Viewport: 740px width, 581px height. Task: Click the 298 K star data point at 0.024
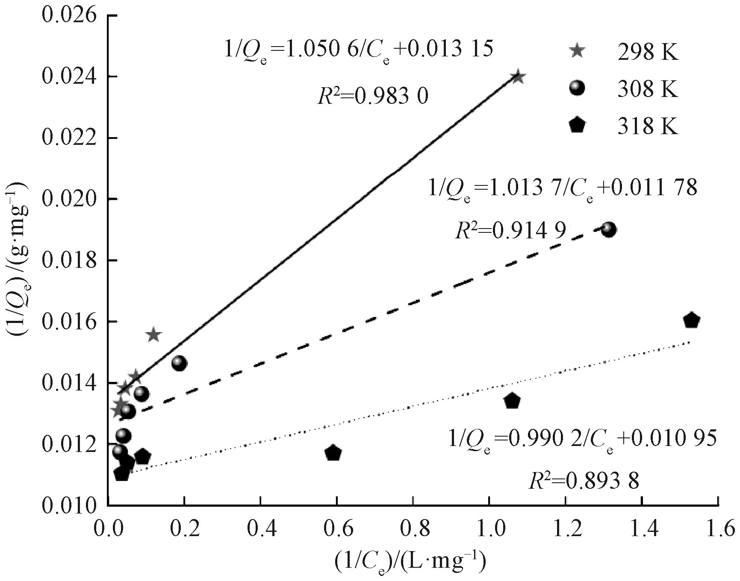coord(518,77)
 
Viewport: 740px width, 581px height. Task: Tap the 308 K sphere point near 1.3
coord(609,230)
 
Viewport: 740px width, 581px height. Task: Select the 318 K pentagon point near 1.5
coord(691,321)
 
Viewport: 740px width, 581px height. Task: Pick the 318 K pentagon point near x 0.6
coord(333,453)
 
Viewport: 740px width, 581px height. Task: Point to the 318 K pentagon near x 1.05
coord(512,401)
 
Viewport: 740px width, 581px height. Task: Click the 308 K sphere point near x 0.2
coord(179,363)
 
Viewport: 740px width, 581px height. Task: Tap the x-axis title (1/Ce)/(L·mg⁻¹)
coord(410,562)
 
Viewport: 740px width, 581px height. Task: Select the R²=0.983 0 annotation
coord(373,97)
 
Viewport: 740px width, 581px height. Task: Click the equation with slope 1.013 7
coord(563,188)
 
